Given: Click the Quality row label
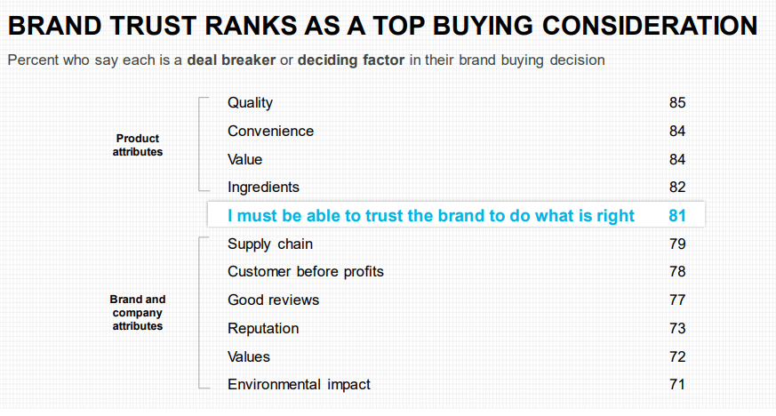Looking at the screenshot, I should (250, 103).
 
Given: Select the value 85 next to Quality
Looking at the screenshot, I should (677, 103).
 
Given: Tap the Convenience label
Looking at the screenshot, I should (270, 132).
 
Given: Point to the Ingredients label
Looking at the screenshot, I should (263, 188).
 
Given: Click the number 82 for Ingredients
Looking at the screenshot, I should (677, 188).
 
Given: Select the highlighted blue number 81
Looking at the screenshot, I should (677, 216).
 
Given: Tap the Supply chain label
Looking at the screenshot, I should (270, 244).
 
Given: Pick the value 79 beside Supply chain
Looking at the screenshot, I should (677, 244).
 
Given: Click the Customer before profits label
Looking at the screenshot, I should (306, 272).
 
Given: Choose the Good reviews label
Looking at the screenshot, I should (273, 300).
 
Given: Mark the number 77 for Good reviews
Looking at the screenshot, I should (677, 300).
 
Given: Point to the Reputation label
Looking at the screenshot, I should (263, 329).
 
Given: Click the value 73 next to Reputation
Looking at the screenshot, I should (677, 329).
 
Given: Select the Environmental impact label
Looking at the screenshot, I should (299, 385).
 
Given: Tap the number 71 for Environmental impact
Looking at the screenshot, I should (677, 385).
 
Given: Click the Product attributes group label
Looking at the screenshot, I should (138, 145).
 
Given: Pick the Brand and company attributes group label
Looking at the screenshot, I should (138, 313).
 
